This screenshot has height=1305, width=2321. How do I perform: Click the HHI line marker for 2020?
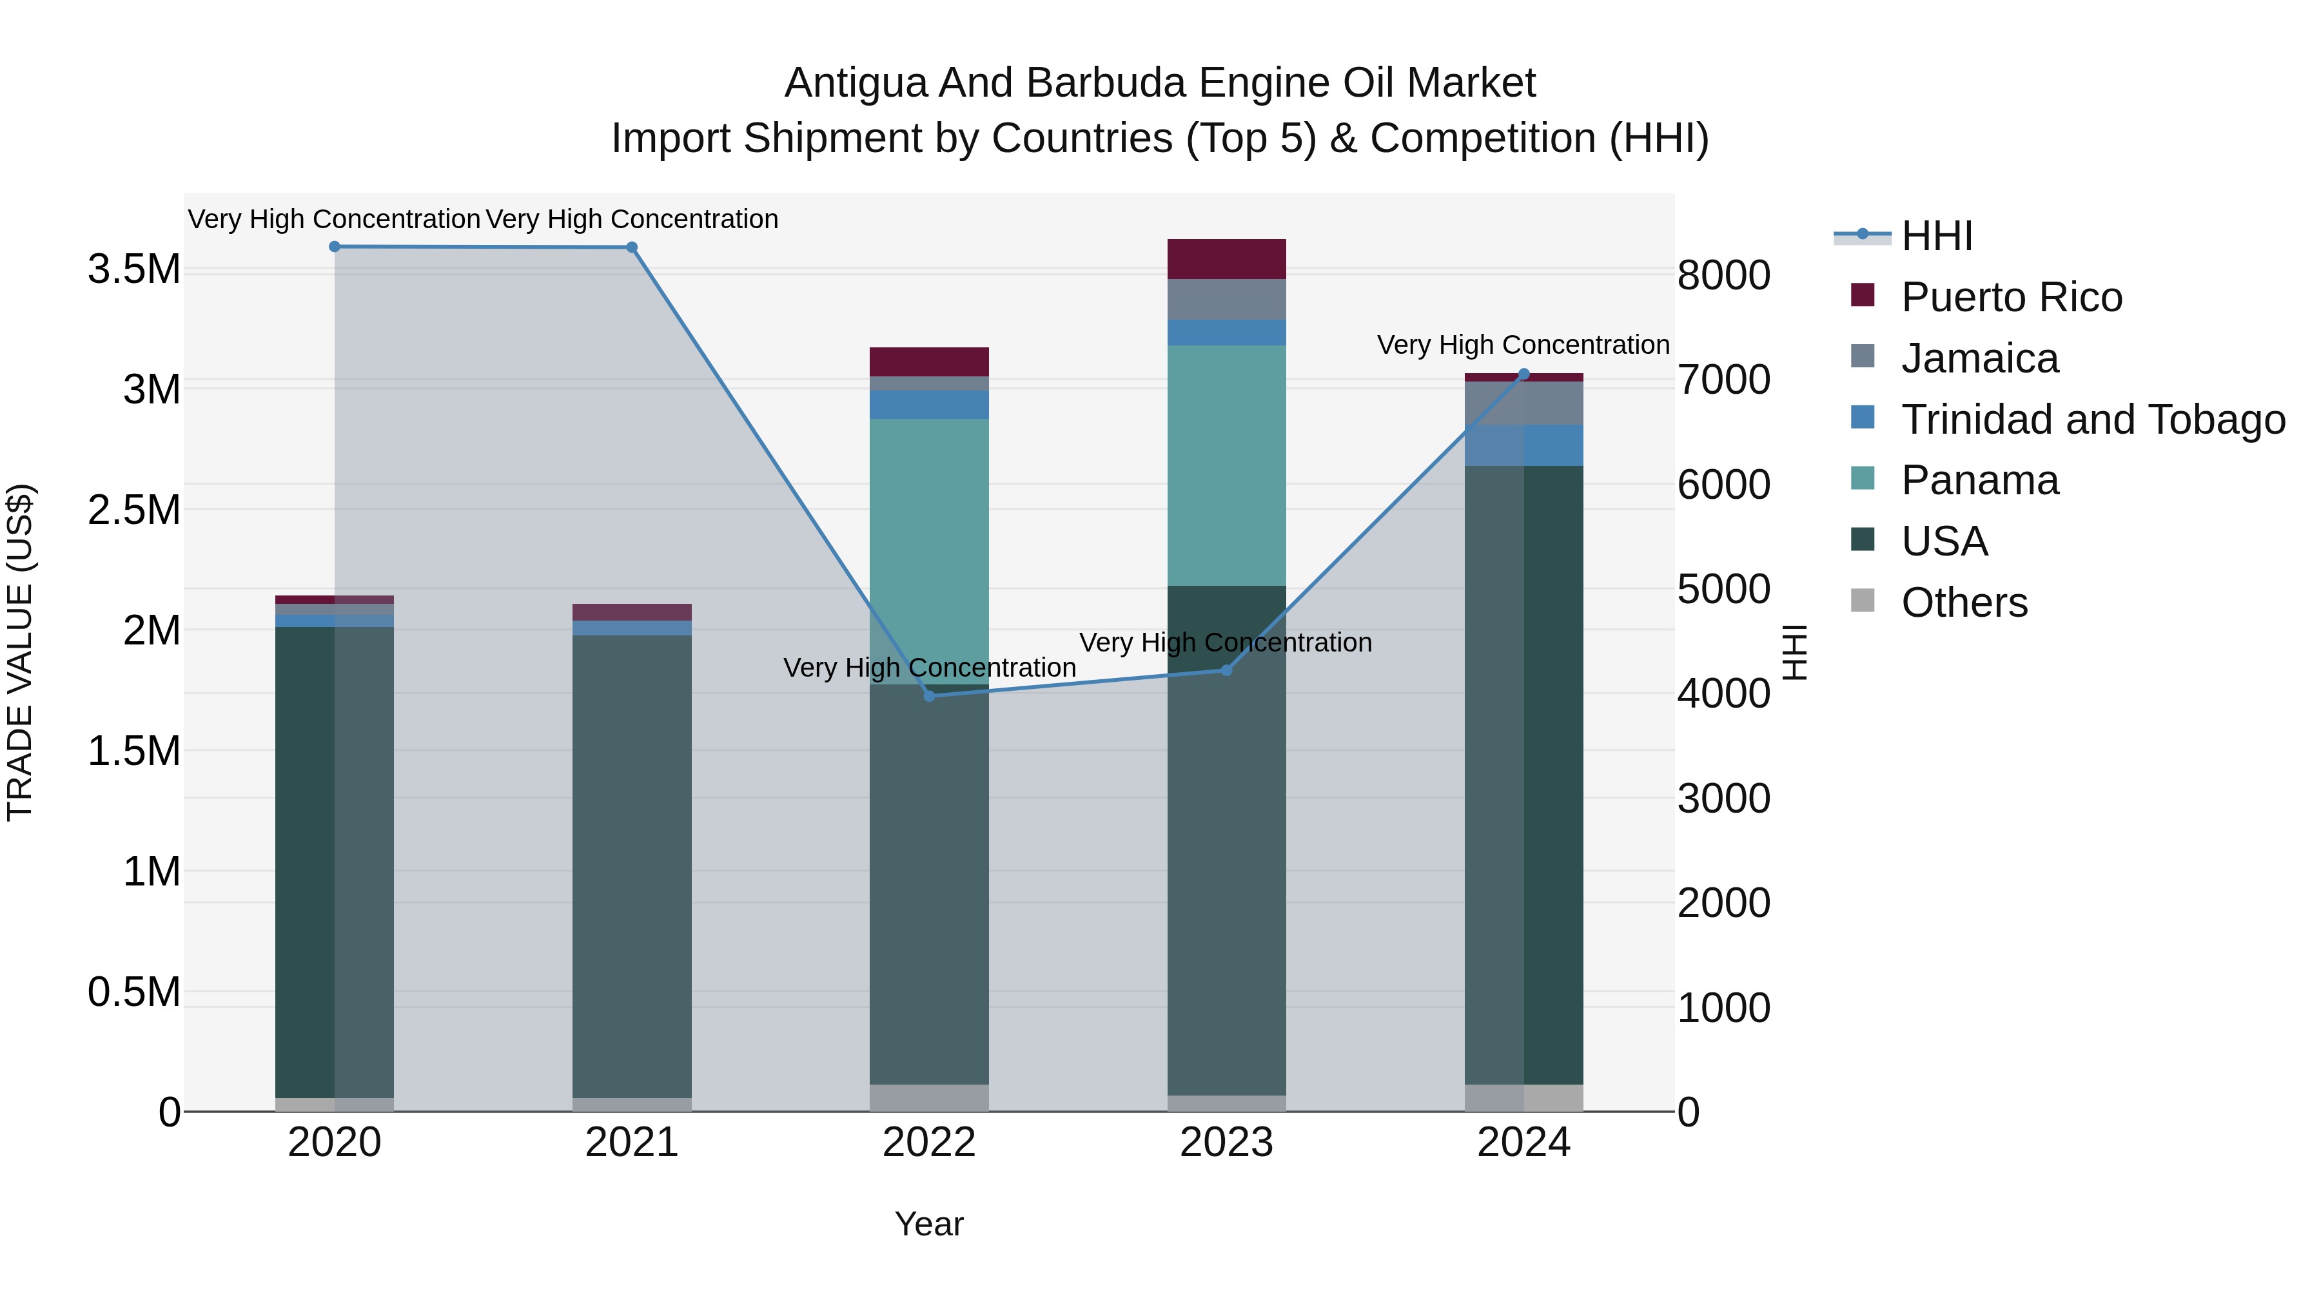[334, 246]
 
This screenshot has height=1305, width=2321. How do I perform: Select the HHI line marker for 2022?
[929, 695]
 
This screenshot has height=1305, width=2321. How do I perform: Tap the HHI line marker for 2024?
[1523, 374]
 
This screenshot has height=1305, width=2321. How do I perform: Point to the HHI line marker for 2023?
[1226, 670]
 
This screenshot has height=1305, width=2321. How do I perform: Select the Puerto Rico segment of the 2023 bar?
[1226, 258]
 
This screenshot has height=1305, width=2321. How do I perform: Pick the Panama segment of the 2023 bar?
[1226, 465]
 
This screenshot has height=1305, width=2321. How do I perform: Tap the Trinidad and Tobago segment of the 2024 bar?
[1523, 445]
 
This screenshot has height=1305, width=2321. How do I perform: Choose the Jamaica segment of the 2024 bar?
[1523, 403]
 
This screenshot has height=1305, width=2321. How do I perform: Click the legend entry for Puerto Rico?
[2010, 297]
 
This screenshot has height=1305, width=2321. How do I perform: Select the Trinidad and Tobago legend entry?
[2092, 420]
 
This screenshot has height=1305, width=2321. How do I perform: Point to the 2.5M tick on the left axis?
[134, 510]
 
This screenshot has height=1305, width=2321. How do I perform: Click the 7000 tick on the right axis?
[1723, 379]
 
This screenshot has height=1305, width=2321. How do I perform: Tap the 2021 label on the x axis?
[632, 1143]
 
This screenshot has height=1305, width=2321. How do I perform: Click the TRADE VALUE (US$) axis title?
[20, 652]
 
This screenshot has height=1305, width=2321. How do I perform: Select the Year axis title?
[929, 1224]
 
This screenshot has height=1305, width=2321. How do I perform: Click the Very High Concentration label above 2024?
[1523, 345]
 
